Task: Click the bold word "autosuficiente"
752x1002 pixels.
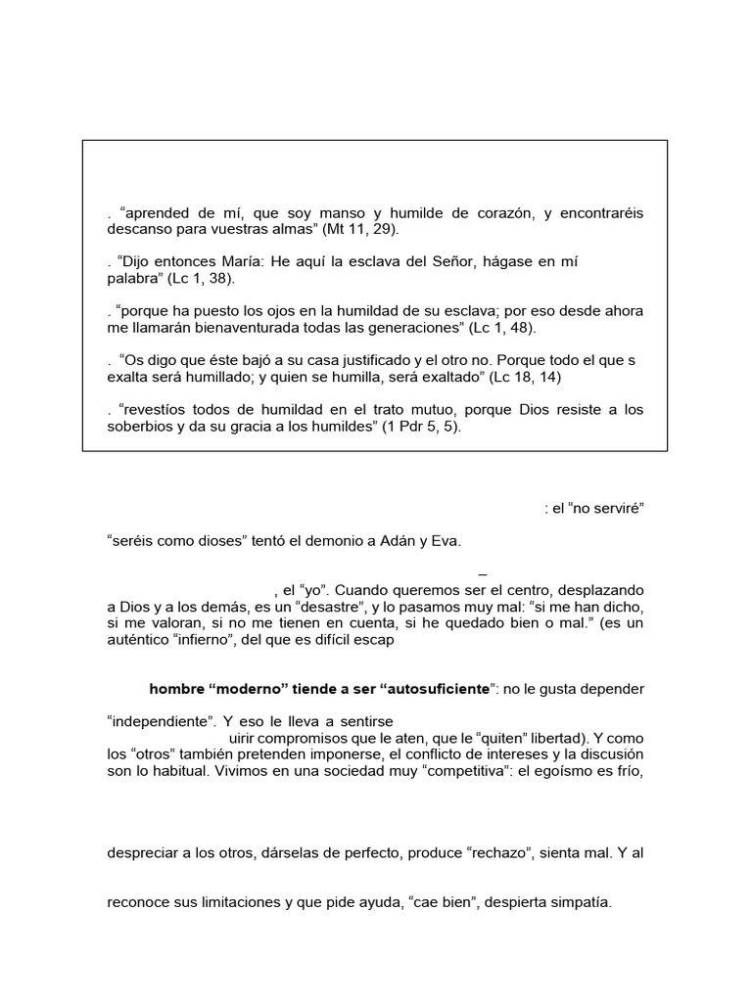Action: point(433,690)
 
